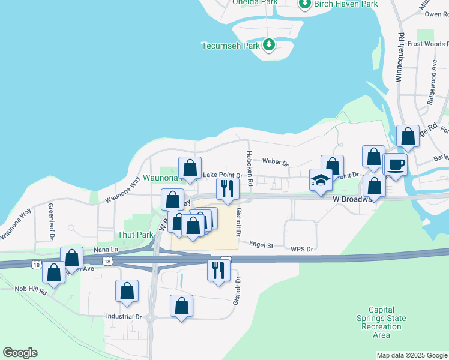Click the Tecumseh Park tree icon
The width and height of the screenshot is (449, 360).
(x=269, y=44)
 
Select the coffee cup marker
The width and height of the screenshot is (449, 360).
(x=396, y=164)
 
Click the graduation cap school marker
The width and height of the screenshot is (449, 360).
(x=321, y=180)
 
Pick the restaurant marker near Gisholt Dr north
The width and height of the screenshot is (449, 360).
(x=228, y=188)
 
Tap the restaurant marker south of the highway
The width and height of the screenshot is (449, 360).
(x=218, y=270)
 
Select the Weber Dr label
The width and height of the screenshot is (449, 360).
(x=276, y=162)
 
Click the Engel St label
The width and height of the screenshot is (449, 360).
(x=261, y=245)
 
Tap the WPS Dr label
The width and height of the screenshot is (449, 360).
(x=302, y=249)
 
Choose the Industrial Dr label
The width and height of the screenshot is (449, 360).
(x=124, y=316)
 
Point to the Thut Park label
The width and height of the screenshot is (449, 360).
(x=136, y=235)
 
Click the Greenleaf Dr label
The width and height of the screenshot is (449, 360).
(x=52, y=221)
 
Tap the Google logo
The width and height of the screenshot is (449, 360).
(x=20, y=353)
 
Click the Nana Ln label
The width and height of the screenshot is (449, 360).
(x=106, y=249)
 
